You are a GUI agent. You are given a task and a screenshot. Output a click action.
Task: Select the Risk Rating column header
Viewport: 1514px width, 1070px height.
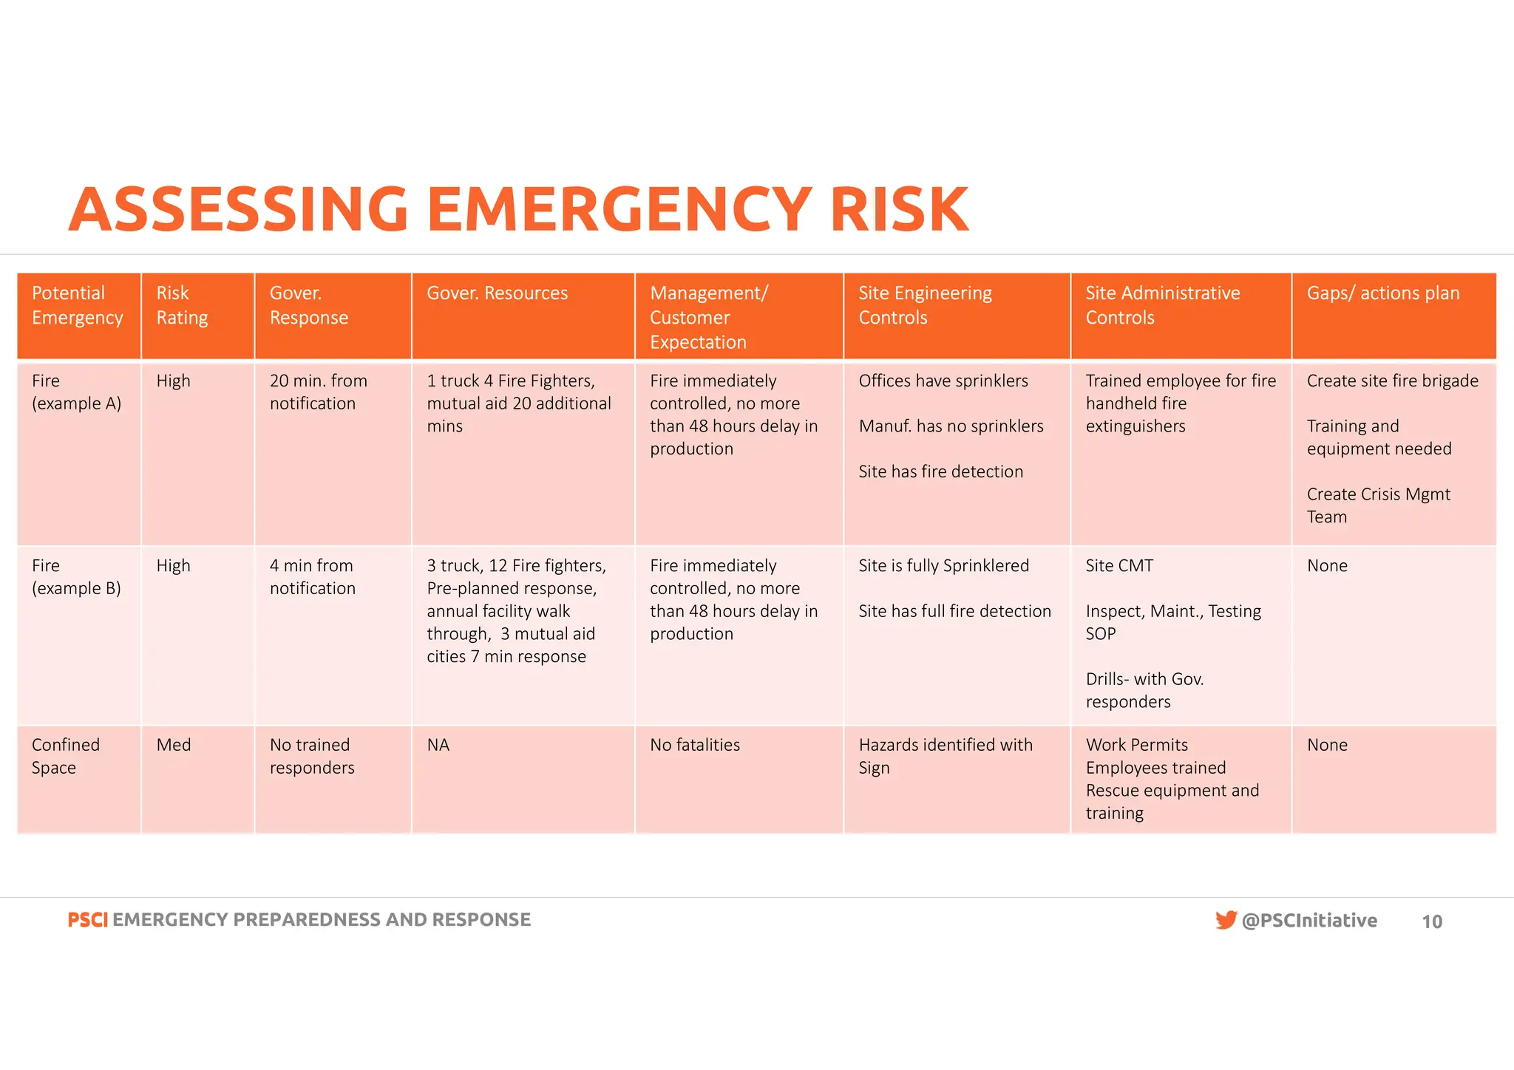coord(182,305)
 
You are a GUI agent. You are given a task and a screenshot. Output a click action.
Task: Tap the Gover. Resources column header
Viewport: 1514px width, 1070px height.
coord(497,293)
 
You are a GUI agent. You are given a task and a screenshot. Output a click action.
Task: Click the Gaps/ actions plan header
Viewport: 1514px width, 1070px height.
coord(1382,293)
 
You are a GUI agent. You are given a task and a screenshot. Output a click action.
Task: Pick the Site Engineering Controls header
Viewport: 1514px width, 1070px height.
coord(924,305)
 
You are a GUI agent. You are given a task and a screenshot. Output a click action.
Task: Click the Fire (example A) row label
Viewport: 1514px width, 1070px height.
coord(76,392)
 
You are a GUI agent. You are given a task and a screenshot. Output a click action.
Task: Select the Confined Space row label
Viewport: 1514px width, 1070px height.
coord(65,756)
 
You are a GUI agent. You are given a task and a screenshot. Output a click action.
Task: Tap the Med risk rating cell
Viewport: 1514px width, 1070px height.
coord(173,745)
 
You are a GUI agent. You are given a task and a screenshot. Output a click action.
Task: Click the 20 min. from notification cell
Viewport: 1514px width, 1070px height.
coord(318,392)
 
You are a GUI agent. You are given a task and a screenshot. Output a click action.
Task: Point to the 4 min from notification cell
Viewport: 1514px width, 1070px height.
coord(312,576)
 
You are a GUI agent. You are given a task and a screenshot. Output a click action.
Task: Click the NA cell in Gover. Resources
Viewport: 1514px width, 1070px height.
coord(438,745)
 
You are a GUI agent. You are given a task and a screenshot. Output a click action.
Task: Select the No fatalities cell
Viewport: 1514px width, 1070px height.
coord(694,745)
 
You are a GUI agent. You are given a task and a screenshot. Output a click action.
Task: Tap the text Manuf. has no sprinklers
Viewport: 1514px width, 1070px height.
coord(951,426)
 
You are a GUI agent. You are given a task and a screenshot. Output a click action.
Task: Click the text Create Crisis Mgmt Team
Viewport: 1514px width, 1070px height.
coord(1378,505)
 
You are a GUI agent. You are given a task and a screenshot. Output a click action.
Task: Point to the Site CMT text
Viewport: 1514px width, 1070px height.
coord(1118,566)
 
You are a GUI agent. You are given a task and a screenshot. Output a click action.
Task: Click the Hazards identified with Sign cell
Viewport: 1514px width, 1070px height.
coord(945,756)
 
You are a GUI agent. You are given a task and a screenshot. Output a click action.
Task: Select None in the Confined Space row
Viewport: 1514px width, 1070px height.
coord(1326,745)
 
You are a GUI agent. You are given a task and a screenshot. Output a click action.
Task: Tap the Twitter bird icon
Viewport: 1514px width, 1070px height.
coord(1225,920)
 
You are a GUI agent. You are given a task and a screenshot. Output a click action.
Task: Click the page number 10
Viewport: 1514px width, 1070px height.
coord(1431,921)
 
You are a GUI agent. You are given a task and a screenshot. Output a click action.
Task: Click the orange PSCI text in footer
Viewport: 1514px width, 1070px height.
coord(87,920)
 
